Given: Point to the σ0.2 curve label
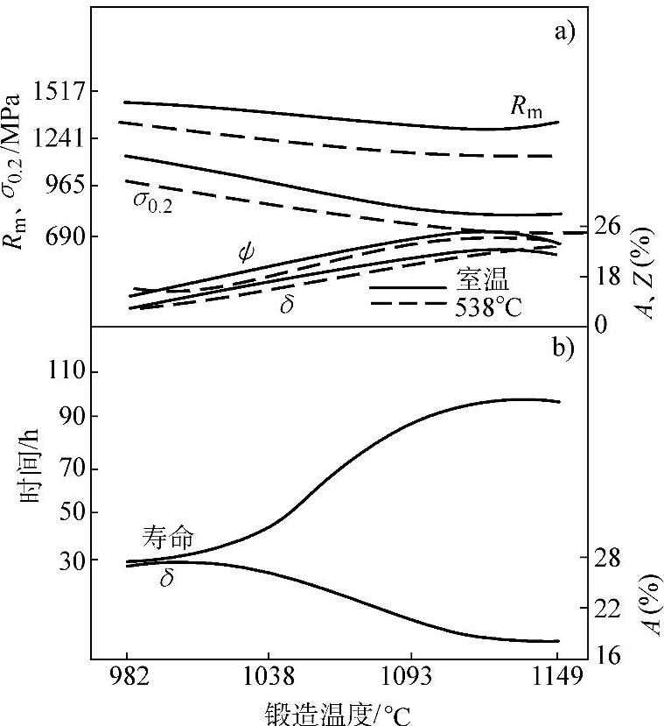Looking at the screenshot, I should point(152,201).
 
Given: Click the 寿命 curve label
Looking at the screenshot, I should point(169,536).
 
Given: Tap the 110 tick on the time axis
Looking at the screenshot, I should point(76,371).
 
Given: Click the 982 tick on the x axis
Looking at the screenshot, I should point(128,677).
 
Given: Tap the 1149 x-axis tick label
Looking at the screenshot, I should point(556,677).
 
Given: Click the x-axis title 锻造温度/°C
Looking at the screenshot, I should point(338,711).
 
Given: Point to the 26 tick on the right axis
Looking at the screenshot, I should point(608,226).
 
